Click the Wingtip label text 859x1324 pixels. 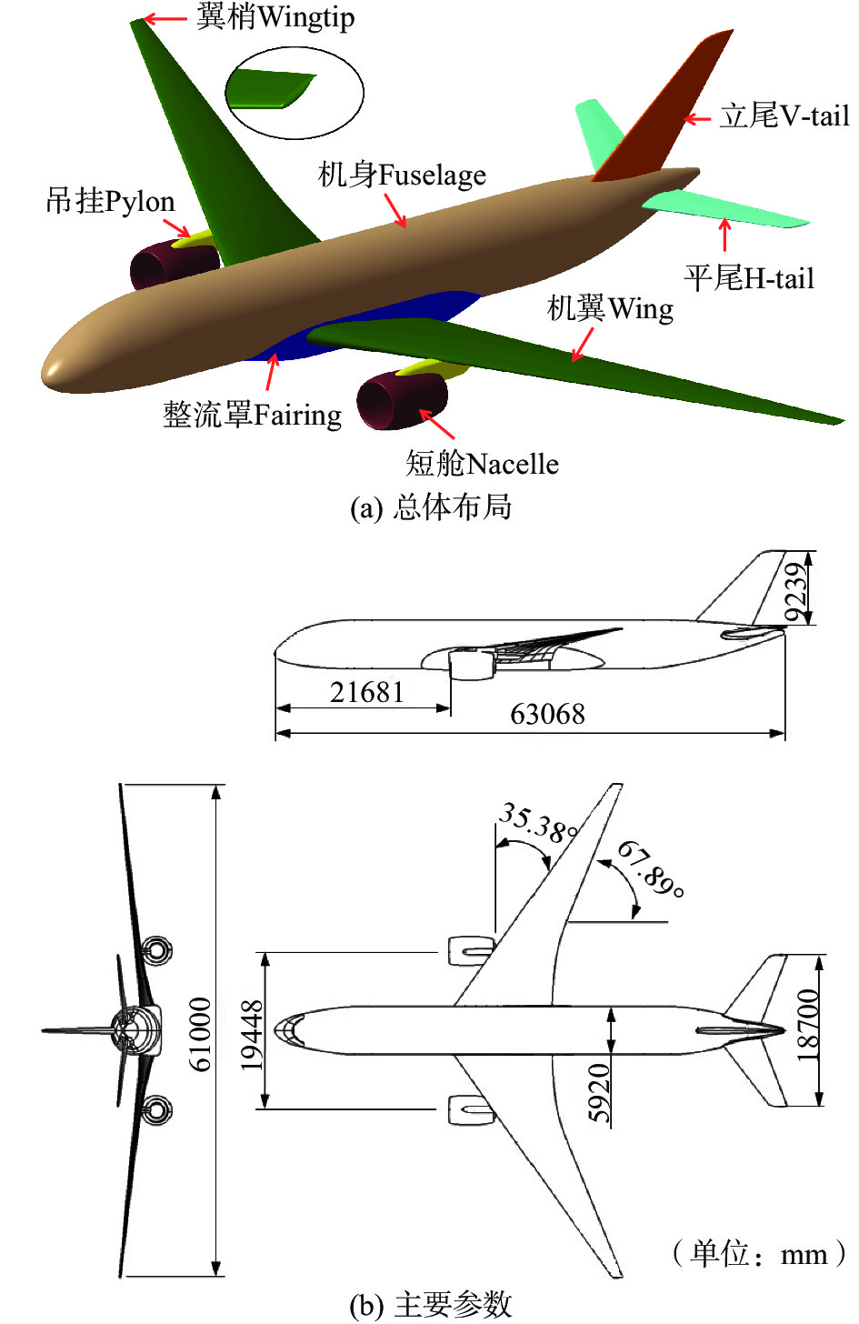275,17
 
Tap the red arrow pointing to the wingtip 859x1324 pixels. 165,18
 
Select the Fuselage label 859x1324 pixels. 402,175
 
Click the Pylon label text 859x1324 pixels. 110,201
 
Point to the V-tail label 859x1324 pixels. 784,116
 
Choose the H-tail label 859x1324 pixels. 748,278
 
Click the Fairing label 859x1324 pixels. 252,415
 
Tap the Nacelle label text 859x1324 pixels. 482,464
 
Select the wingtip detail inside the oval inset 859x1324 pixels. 273,90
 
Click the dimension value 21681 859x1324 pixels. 366,693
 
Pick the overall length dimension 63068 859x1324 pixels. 547,714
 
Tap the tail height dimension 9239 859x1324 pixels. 796,592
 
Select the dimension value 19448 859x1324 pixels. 252,1035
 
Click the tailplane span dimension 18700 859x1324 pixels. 807,1025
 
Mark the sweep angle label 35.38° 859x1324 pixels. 539,822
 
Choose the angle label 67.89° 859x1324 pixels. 651,868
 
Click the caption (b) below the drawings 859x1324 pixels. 430,1305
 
